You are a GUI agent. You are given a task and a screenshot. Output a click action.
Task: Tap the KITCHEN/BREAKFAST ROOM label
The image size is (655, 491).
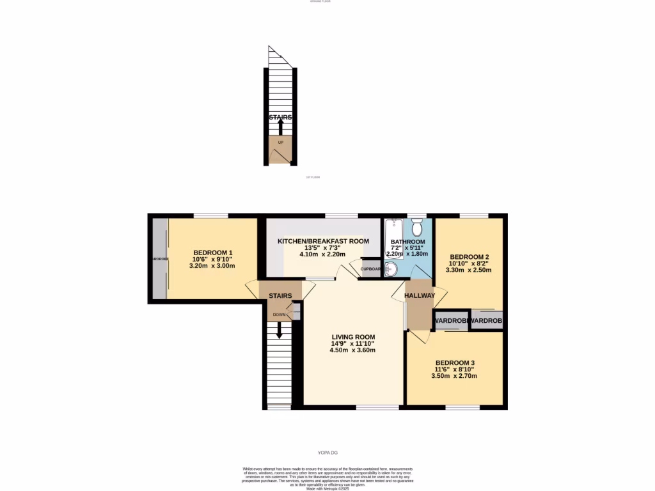coord(323,241)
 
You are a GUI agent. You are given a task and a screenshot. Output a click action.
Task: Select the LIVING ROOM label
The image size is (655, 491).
coord(353,337)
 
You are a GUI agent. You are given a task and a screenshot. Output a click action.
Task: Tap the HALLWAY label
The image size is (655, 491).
coord(419,295)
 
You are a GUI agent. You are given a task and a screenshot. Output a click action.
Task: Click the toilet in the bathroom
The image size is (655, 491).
coord(416,227)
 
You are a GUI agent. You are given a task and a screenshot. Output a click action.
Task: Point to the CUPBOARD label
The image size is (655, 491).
coord(371,269)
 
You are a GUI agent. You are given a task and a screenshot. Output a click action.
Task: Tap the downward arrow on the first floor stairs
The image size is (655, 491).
coord(280,331)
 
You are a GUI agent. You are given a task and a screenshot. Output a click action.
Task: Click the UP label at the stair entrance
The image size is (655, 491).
coord(280,142)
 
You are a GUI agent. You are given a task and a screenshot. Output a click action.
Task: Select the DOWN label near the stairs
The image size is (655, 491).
coord(280,315)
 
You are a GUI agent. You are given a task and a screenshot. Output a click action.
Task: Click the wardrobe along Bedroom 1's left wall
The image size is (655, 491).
coord(159,258)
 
